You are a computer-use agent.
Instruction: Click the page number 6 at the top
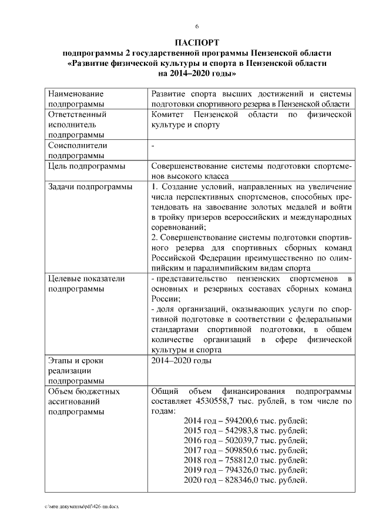coord(197,26)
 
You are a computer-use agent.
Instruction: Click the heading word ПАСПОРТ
coord(197,44)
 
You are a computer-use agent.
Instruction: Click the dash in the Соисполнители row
coord(153,145)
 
